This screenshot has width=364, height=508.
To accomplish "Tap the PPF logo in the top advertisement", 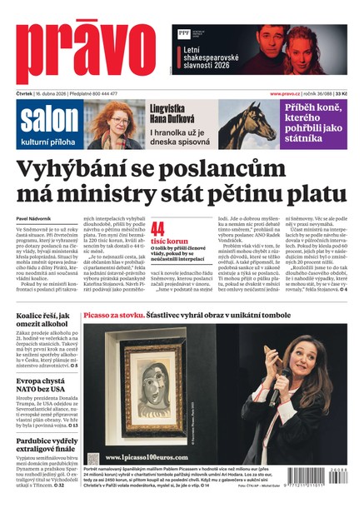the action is (x=183, y=34).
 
